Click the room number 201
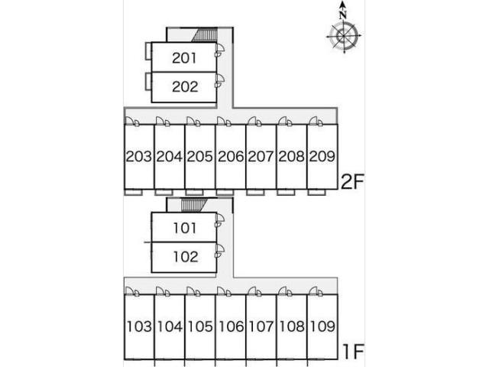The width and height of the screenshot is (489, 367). coord(184,58)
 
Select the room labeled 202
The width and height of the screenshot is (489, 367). coord(185,86)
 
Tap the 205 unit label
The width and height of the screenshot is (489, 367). coord(199,156)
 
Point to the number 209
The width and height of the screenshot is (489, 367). coord(322,156)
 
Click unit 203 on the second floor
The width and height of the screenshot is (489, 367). coord(139,156)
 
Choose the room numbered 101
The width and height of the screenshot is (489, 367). coord(185,228)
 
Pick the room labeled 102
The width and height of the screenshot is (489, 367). coord(186,257)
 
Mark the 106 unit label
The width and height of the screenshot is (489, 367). coord(231,326)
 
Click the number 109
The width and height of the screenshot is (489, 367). coord(322,326)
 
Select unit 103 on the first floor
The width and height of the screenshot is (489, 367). coord(139,326)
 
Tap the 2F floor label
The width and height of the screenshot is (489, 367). coord(352,182)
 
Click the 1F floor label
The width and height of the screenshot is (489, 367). coord(353,352)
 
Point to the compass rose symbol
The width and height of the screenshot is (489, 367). coord(344,37)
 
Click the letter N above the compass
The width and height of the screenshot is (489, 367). coord(343,15)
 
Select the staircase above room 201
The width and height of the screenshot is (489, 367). coord(205,34)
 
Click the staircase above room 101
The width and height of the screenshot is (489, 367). coord(194,206)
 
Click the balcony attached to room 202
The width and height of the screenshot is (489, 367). coord(148,82)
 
